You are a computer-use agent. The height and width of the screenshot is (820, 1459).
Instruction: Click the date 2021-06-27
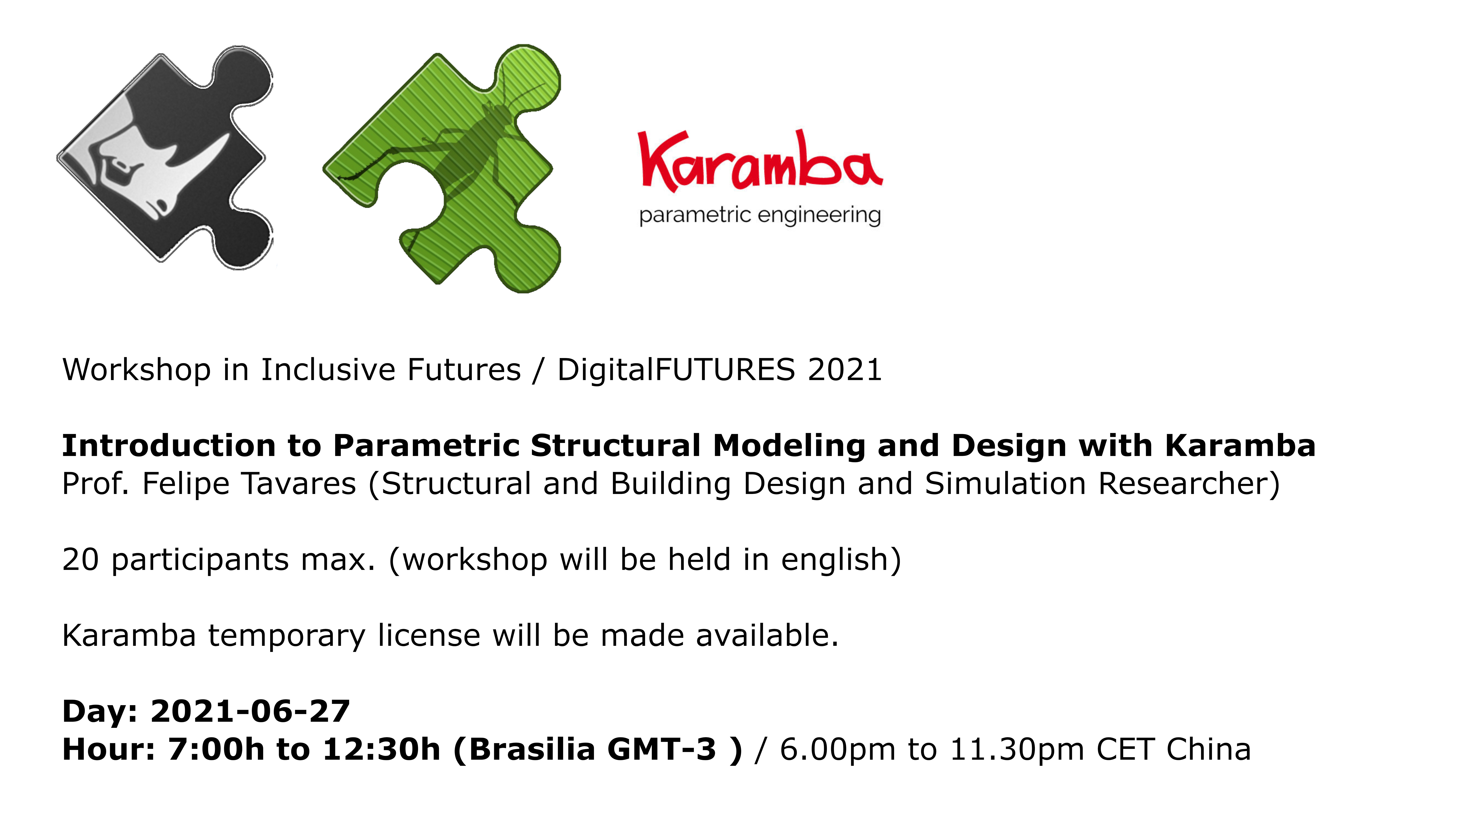[250, 711]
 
